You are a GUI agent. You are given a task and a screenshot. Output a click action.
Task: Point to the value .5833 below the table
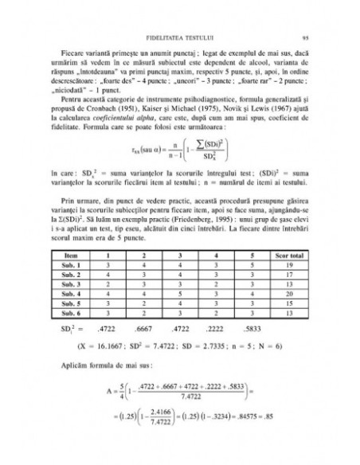coord(259,326)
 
